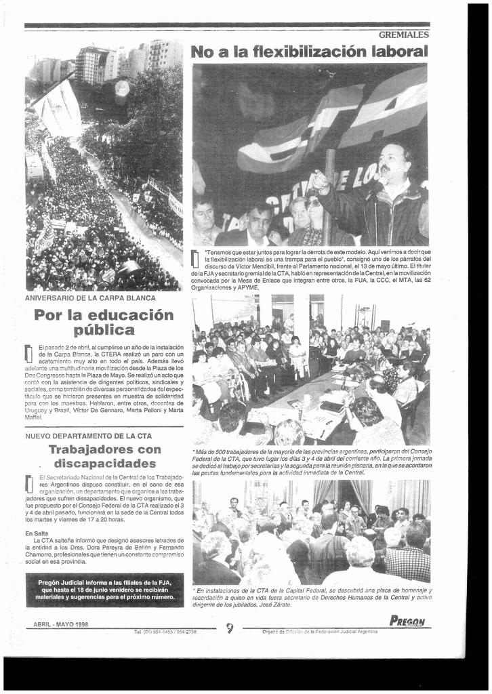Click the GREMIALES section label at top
403,35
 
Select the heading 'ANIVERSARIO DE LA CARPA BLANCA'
90,298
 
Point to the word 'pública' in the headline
104,331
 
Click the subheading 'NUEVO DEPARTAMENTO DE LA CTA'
88,436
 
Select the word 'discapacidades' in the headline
105,464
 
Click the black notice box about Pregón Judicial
104,590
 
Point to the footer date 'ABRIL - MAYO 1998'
61,624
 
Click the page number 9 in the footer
230,628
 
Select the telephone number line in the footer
165,632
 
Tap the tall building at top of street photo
95,64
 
